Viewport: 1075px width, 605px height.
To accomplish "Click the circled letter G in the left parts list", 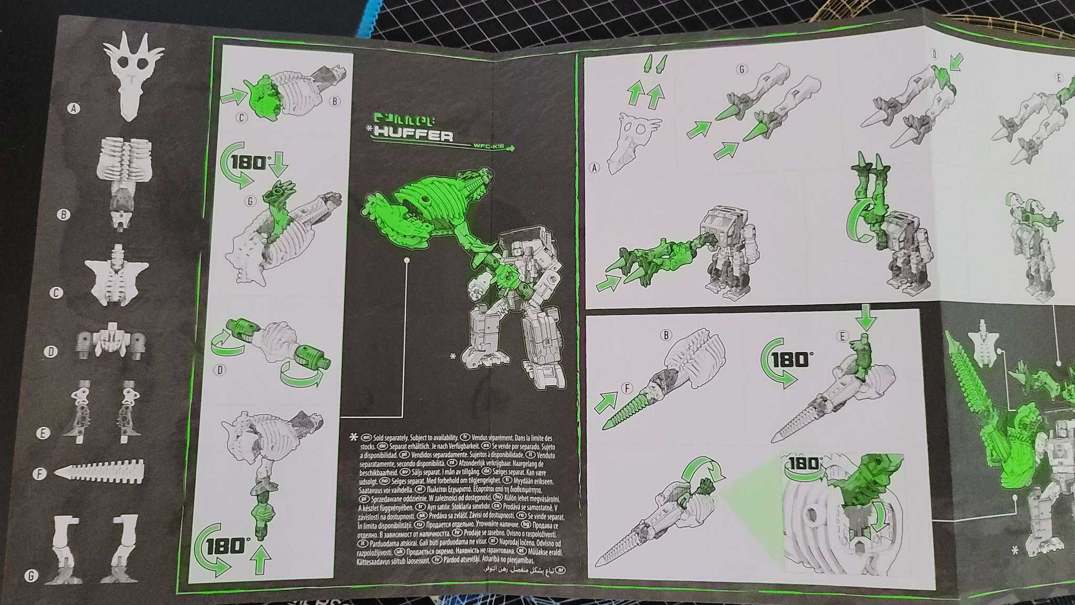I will pyautogui.click(x=31, y=576).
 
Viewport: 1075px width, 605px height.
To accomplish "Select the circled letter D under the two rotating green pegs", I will pyautogui.click(x=220, y=370).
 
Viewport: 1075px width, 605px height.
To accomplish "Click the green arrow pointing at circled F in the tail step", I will pyautogui.click(x=606, y=402).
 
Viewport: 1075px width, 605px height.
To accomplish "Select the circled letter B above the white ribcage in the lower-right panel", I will pyautogui.click(x=666, y=334).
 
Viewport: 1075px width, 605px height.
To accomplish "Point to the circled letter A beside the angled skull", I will pyautogui.click(x=594, y=168).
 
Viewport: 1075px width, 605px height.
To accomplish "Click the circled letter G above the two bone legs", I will pyautogui.click(x=741, y=69).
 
